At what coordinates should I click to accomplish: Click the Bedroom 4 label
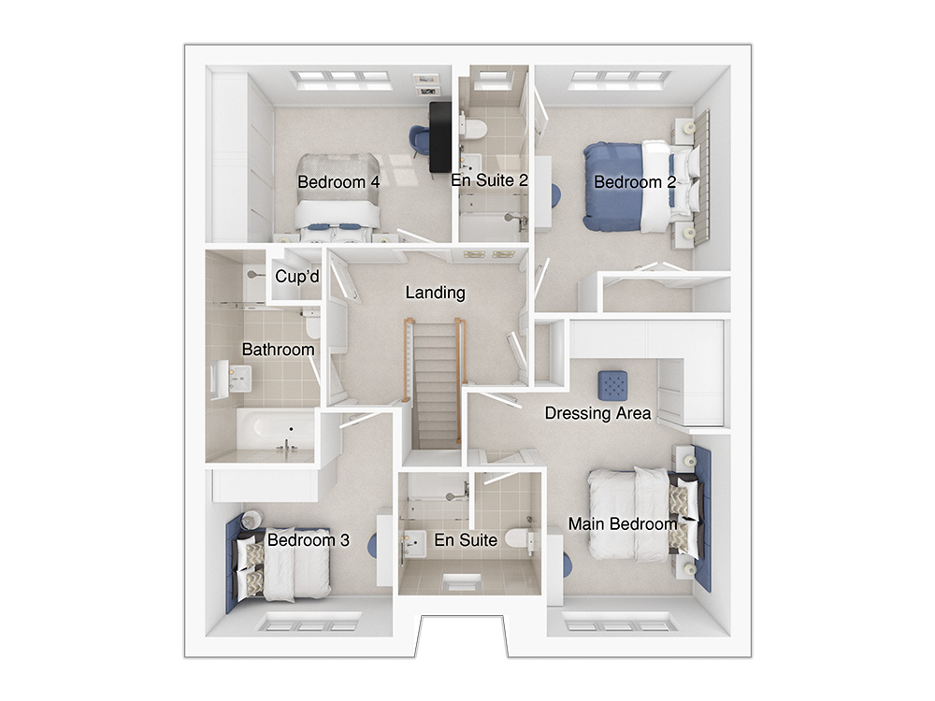[x=338, y=182]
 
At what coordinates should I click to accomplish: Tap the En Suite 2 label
[x=490, y=180]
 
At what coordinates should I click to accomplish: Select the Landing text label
[x=436, y=293]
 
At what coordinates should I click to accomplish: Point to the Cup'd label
[x=297, y=277]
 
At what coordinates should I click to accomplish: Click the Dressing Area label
[x=597, y=413]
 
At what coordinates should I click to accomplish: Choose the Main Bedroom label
[x=623, y=524]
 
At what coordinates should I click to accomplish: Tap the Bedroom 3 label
[x=309, y=540]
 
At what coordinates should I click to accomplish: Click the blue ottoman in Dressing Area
[x=613, y=385]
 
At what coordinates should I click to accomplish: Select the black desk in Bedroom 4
[x=440, y=137]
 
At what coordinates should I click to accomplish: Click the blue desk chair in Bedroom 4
[x=419, y=140]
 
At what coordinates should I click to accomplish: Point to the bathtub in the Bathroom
[x=276, y=429]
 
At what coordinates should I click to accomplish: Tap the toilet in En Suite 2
[x=476, y=127]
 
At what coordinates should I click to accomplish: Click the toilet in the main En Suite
[x=518, y=537]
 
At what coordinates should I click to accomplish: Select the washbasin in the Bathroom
[x=237, y=379]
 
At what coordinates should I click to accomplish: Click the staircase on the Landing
[x=436, y=384]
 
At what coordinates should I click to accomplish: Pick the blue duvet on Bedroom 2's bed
[x=613, y=186]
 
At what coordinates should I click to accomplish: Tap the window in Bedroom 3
[x=309, y=624]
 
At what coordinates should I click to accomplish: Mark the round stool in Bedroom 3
[x=252, y=519]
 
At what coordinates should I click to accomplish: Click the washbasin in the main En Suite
[x=415, y=544]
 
